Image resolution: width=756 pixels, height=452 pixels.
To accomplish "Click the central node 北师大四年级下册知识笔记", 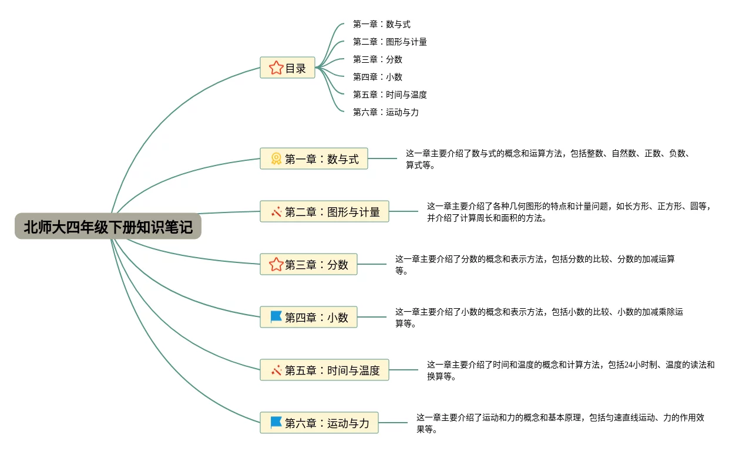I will [108, 227].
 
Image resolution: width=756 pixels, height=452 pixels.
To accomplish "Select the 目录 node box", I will [288, 68].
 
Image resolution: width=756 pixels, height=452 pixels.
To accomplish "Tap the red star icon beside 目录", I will [276, 68].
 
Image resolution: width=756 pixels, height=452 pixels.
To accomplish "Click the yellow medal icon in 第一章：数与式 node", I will [276, 158].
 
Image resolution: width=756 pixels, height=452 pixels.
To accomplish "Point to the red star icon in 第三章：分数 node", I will [276, 264].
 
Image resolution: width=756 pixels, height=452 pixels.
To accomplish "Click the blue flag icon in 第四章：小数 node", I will [276, 317].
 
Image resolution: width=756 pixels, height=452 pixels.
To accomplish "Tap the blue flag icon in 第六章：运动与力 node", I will [276, 423].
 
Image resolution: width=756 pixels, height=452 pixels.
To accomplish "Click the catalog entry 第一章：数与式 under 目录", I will [382, 25].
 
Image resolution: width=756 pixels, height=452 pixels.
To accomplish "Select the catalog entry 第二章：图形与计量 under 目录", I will [390, 42].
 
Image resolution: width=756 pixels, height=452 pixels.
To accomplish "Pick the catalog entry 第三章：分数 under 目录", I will [378, 60].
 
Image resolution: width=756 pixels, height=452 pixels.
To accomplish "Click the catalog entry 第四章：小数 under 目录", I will [378, 77].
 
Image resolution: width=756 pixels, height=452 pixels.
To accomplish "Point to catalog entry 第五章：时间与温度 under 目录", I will [390, 95].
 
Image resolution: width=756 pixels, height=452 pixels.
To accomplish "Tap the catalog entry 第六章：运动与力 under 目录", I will [386, 113].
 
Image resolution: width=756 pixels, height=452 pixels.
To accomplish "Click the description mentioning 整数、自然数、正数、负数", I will [547, 159].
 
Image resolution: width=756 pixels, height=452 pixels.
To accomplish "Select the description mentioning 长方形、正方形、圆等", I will [569, 212].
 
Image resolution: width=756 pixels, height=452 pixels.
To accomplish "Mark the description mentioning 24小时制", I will [570, 370].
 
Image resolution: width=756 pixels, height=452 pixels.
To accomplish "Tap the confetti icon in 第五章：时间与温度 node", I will [276, 370].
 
